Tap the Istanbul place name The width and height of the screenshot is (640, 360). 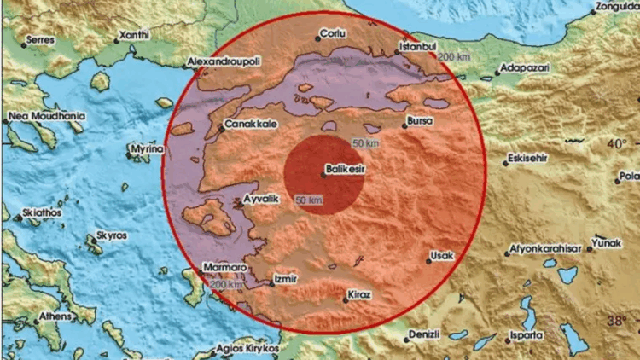(419, 46)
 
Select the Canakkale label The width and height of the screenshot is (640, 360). (246, 125)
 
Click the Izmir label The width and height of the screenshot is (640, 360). (284, 278)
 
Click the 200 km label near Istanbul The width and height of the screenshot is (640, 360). (453, 57)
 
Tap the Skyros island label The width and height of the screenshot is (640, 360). (112, 232)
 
